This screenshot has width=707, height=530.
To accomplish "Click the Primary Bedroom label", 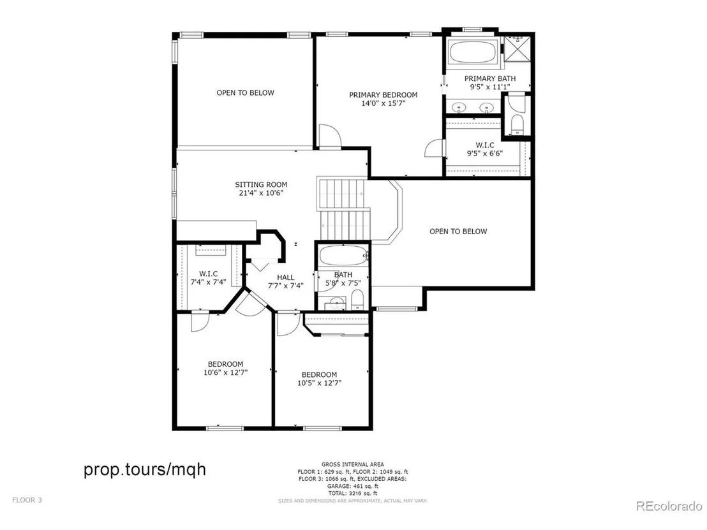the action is (x=383, y=94).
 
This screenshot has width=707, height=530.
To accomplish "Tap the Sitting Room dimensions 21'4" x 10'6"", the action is (x=261, y=193).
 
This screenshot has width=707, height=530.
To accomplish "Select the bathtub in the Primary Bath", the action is (x=473, y=52).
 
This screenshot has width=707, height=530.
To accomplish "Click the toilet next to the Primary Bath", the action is (x=517, y=124).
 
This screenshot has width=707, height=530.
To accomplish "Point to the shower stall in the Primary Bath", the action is (x=518, y=48).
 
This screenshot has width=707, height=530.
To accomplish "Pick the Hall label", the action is (x=285, y=277).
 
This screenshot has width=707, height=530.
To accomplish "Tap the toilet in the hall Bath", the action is (x=357, y=300).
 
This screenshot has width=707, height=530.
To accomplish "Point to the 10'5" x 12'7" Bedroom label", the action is (x=319, y=379).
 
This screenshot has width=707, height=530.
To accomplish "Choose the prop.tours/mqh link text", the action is (x=145, y=469).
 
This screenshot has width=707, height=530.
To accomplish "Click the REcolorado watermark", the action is (x=669, y=506).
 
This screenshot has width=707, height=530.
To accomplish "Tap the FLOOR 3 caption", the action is (x=27, y=500).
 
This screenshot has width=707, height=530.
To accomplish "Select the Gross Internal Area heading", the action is (x=353, y=464).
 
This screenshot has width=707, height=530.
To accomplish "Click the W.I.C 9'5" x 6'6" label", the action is (x=485, y=149).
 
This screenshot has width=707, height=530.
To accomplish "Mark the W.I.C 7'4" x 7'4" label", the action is (x=208, y=278).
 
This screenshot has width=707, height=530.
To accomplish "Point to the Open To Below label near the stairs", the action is (x=458, y=232).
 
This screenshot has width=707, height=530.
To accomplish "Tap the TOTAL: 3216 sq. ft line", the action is (x=353, y=494).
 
